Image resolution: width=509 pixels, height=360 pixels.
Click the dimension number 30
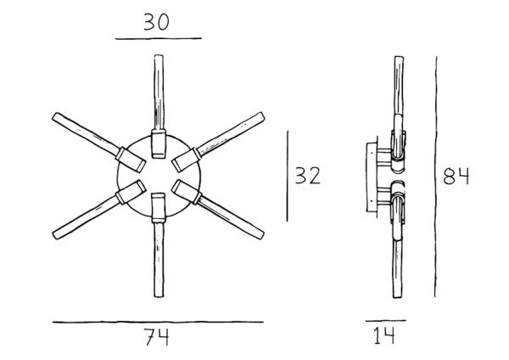(x=156, y=22)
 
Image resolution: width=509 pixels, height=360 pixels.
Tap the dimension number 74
(x=157, y=337)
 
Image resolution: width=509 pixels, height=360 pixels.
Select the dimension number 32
(x=308, y=176)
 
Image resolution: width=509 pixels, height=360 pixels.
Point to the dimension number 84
(x=456, y=177)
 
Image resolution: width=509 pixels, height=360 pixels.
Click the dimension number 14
(x=384, y=335)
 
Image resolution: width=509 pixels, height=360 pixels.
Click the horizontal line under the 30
(x=159, y=38)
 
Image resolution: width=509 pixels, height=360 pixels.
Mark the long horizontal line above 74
(x=158, y=322)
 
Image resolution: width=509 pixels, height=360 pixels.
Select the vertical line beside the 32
(x=288, y=176)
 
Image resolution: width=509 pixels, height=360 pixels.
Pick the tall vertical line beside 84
(x=436, y=177)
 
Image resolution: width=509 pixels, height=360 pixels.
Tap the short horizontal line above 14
(x=386, y=321)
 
